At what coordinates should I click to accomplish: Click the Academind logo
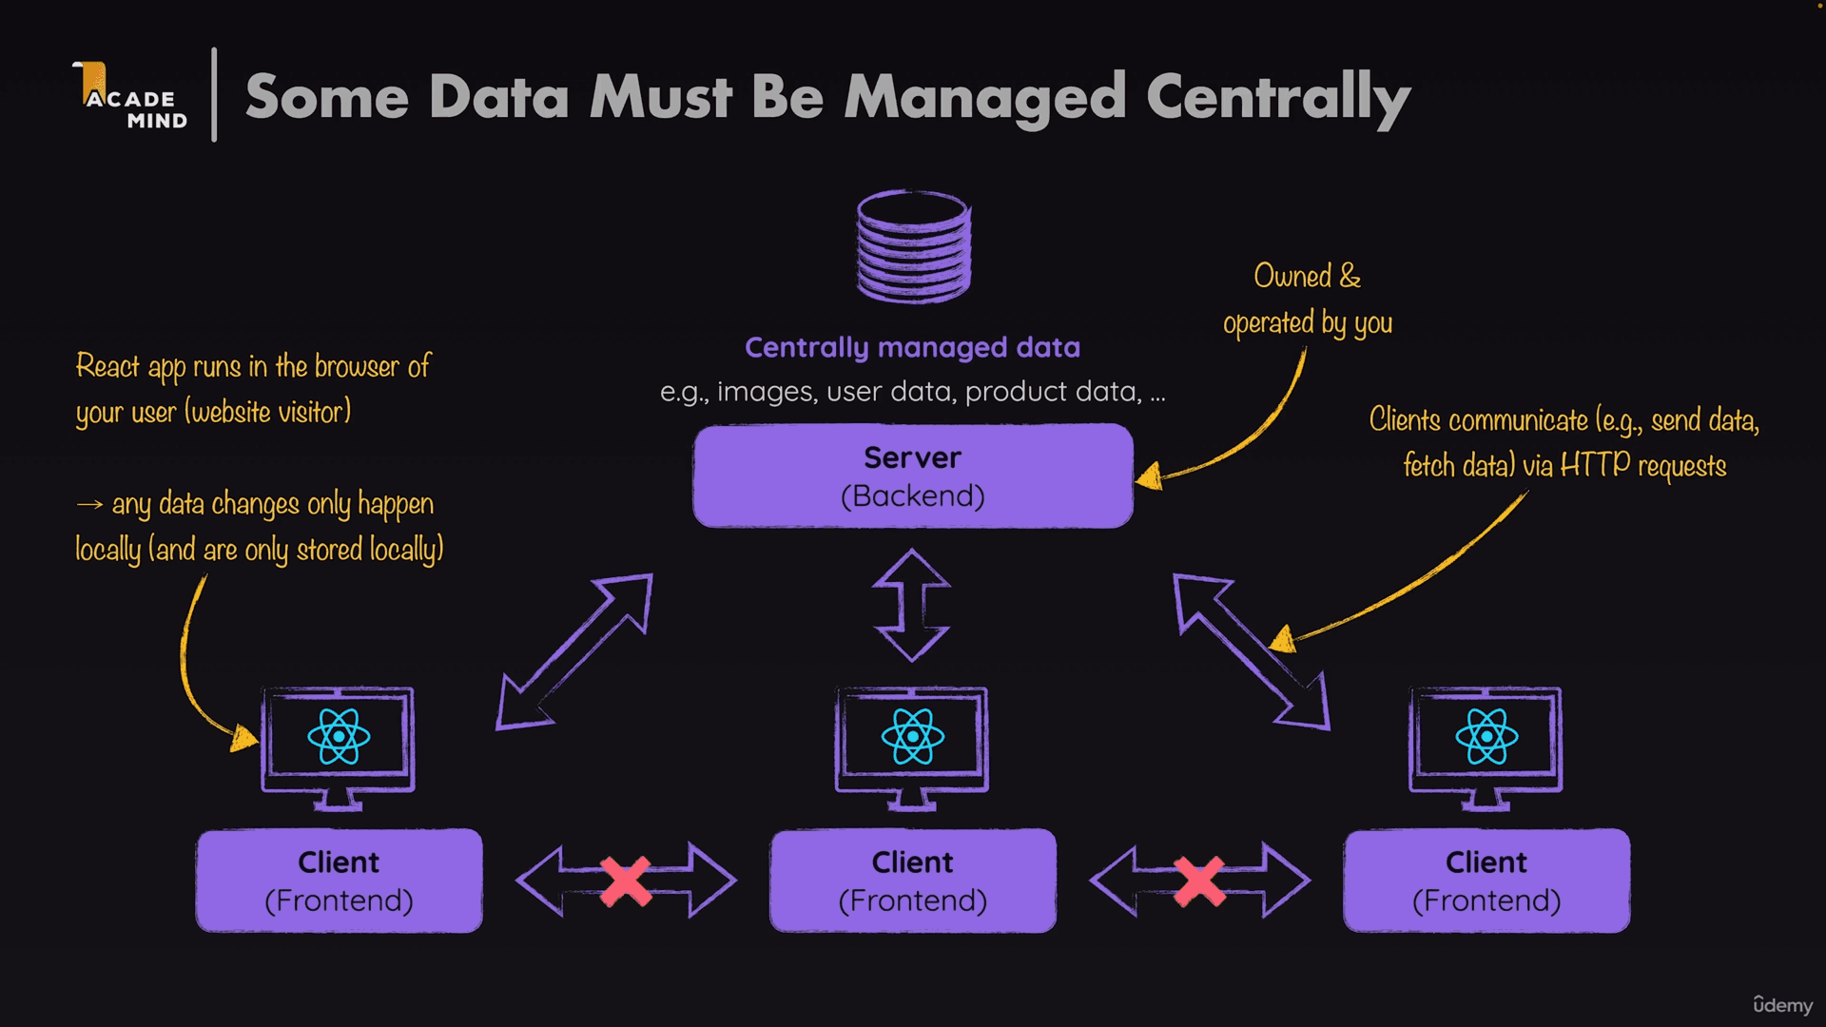[x=131, y=97]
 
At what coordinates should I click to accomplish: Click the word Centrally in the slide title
[x=1277, y=98]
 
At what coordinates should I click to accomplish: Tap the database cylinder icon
[x=914, y=246]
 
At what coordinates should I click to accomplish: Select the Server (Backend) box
[x=913, y=475]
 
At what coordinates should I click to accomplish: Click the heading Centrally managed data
[x=912, y=347]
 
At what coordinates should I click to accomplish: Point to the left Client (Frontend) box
[x=339, y=881]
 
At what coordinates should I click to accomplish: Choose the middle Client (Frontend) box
[x=912, y=881]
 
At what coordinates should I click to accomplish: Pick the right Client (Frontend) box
[x=1486, y=881]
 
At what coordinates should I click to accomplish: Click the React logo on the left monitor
[x=339, y=737]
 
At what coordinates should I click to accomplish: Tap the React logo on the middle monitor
[x=912, y=737]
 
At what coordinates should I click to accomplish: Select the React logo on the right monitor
[x=1486, y=737]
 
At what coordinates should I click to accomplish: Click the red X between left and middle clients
[x=626, y=881]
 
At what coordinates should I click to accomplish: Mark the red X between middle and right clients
[x=1199, y=881]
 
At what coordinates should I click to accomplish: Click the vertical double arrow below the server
[x=912, y=605]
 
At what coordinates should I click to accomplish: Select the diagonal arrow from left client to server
[x=574, y=651]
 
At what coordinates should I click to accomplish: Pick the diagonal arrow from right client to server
[x=1251, y=651]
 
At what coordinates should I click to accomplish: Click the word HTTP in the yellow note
[x=1595, y=465]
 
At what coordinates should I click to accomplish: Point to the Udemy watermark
[x=1782, y=1005]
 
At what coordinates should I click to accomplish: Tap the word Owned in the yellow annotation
[x=1292, y=276]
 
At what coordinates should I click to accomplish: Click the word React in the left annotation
[x=107, y=366]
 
